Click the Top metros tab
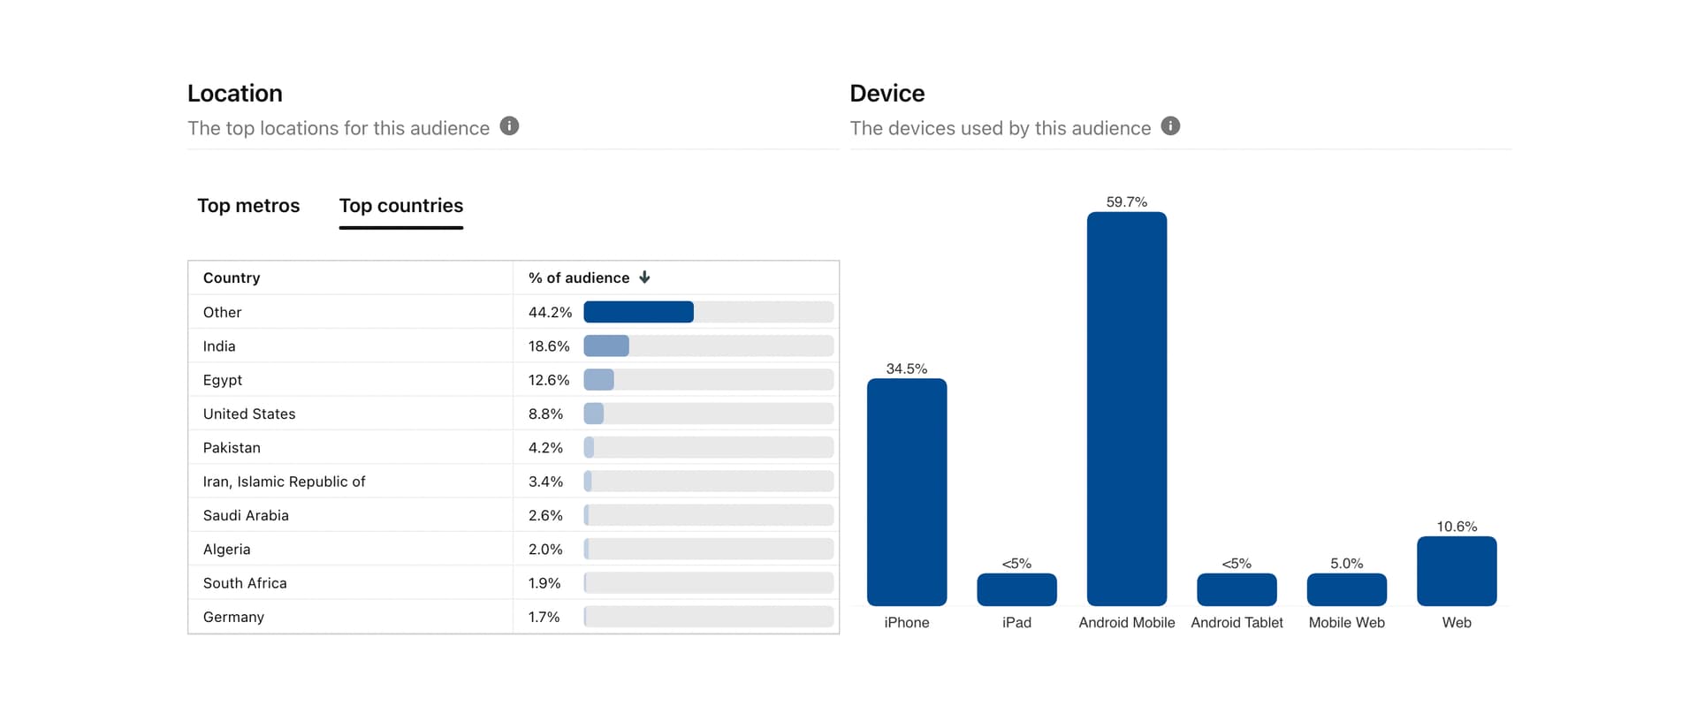248,206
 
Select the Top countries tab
401,206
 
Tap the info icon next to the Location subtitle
509,126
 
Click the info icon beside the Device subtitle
1170,126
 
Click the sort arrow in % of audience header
644,277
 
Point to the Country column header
232,277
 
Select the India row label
219,346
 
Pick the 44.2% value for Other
550,312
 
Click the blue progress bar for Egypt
599,380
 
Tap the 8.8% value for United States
545,414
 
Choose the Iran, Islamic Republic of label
284,482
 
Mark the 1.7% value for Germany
544,617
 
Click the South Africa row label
245,583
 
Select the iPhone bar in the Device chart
907,492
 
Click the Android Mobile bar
1127,408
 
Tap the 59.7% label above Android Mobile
1127,202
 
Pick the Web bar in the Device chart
1457,571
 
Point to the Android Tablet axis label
1237,623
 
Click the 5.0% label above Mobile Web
1346,564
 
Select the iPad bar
1016,589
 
